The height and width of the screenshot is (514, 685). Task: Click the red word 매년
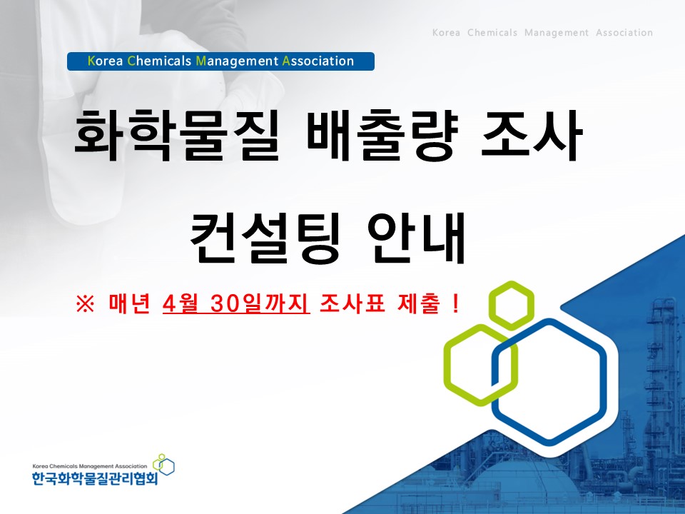pyautogui.click(x=128, y=305)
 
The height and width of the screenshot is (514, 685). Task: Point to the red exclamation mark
pyautogui.click(x=455, y=305)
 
